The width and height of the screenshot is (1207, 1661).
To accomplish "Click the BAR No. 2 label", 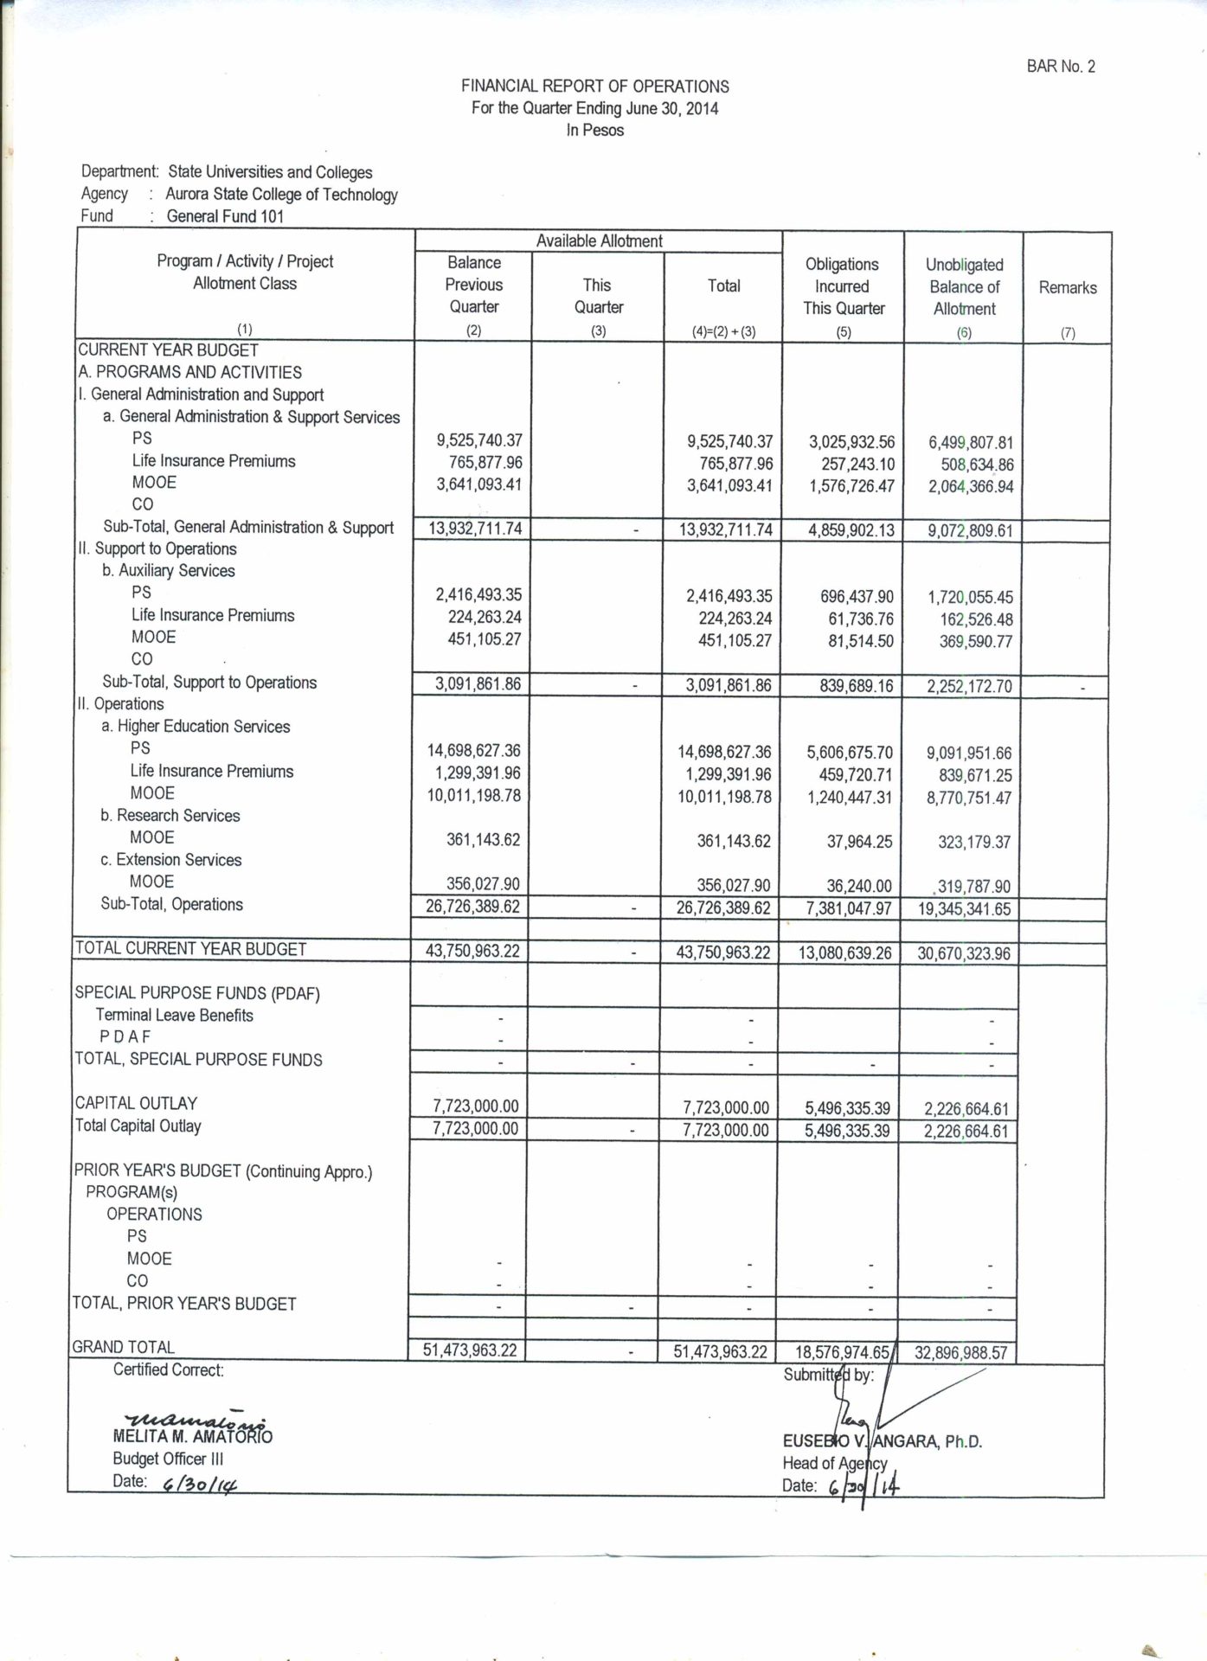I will [x=1061, y=67].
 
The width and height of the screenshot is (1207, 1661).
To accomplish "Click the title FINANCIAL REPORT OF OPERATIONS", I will [x=594, y=87].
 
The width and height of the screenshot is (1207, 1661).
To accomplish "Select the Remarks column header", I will [x=1067, y=288].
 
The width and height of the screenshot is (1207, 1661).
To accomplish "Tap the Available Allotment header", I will [x=599, y=241].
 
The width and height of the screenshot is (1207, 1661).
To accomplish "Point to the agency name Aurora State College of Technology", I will [x=281, y=195].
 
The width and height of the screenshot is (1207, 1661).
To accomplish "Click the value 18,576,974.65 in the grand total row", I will [x=842, y=1352].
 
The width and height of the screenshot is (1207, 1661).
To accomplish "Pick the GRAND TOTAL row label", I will [x=124, y=1347].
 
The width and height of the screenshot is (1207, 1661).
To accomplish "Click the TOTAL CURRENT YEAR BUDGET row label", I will [x=191, y=949].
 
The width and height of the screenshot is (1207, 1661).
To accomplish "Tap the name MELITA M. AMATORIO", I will [x=193, y=1437].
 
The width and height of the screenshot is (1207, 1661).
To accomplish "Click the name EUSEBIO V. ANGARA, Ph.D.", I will [x=882, y=1441].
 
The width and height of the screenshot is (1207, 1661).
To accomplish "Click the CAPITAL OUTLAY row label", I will [x=136, y=1103].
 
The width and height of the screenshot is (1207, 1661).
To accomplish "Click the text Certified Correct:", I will [x=169, y=1370].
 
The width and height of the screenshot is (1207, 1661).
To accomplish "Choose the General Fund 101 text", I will [x=225, y=216].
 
